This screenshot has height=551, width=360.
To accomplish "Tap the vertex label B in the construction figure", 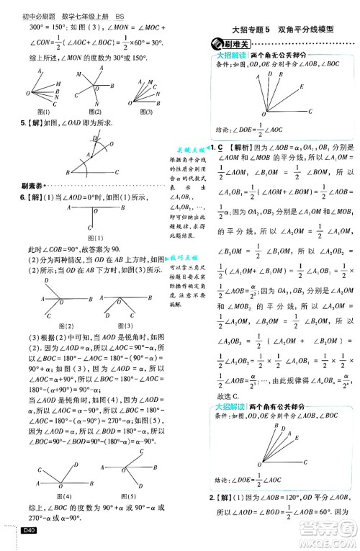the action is pyautogui.click(x=67, y=174).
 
